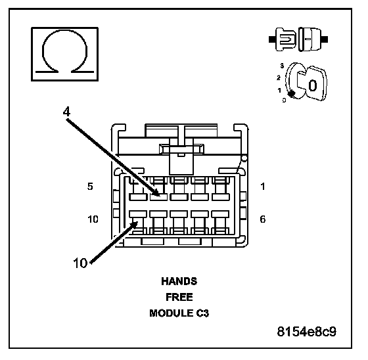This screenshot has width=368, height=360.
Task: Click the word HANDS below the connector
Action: pos(179,281)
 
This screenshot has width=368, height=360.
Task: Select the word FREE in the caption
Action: pos(179,297)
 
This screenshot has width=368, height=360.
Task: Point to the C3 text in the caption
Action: pos(202,313)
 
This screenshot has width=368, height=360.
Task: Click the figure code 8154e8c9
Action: pos(306,332)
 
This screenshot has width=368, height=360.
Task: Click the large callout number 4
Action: pos(66,112)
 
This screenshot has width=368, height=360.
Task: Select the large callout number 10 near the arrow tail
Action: pos(80,263)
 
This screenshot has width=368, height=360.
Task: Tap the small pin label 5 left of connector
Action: pos(90,187)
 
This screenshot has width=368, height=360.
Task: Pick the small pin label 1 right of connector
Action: pos(263,187)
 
